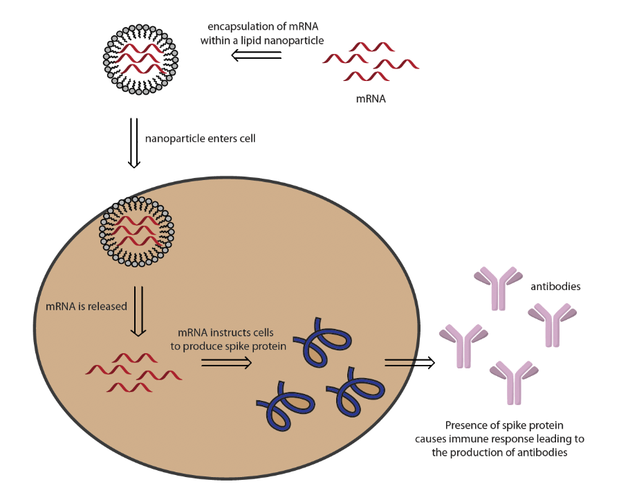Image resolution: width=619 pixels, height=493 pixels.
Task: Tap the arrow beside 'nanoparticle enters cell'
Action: [x=134, y=143]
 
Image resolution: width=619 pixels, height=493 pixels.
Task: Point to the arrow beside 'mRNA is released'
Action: [x=138, y=311]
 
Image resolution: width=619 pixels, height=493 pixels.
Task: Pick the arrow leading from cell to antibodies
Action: [x=409, y=362]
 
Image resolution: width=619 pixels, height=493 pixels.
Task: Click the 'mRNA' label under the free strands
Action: [x=371, y=98]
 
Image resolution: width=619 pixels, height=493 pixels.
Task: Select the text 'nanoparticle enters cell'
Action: [x=200, y=138]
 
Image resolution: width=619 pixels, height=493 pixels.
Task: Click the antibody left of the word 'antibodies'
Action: [x=497, y=285]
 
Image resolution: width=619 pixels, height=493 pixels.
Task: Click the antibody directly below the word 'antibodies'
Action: [x=552, y=323]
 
